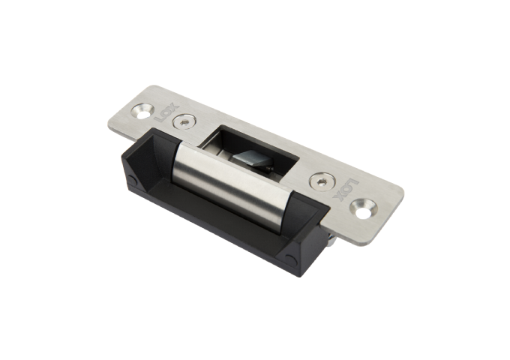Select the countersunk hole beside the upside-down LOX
[x=364, y=208]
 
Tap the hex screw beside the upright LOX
[x=184, y=121]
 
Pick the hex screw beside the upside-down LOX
[x=321, y=180]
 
